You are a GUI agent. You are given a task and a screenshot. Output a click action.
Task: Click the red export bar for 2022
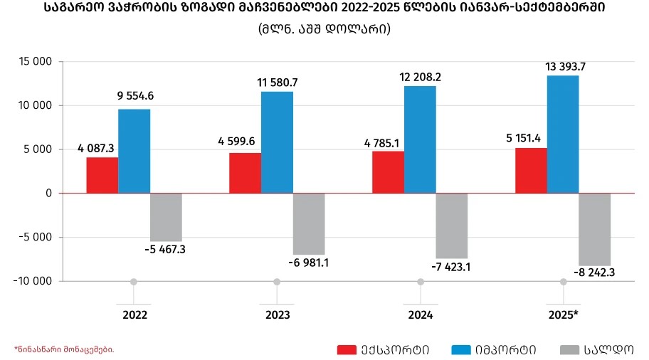click(x=102, y=175)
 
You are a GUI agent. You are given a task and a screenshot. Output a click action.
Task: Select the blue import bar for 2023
click(x=277, y=142)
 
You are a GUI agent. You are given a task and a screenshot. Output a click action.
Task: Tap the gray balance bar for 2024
click(x=451, y=226)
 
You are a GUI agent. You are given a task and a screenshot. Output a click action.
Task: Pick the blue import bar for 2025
click(x=562, y=134)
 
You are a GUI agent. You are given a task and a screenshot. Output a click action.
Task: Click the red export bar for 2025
click(x=531, y=171)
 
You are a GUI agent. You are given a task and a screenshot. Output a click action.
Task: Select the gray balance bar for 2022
click(x=166, y=217)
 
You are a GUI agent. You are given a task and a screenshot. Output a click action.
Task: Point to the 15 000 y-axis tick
click(x=34, y=62)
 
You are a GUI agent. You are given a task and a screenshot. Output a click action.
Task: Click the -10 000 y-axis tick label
click(x=32, y=281)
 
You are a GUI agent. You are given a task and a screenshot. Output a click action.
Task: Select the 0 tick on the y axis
click(x=49, y=194)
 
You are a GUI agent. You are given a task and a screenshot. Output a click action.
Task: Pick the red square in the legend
click(x=347, y=349)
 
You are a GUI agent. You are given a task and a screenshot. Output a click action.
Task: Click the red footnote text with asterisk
click(x=64, y=349)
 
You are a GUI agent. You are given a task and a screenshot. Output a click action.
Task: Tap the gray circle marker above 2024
click(x=420, y=282)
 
